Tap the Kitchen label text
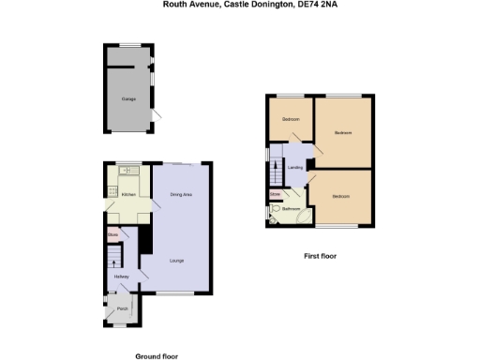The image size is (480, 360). point(129,194)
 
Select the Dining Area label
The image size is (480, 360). point(181,194)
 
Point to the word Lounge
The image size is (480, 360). point(176,260)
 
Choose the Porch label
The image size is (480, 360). point(122,307)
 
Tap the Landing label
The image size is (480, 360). point(295,168)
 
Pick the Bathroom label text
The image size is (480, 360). point(292,209)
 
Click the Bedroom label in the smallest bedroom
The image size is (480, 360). point(292,119)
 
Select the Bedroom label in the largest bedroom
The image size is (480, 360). point(343,132)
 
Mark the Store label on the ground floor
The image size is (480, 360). point(112,233)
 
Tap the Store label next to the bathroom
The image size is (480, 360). point(276,194)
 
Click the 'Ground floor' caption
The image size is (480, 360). point(157,356)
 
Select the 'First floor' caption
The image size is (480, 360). point(320,255)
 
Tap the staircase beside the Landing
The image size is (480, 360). point(276,170)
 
